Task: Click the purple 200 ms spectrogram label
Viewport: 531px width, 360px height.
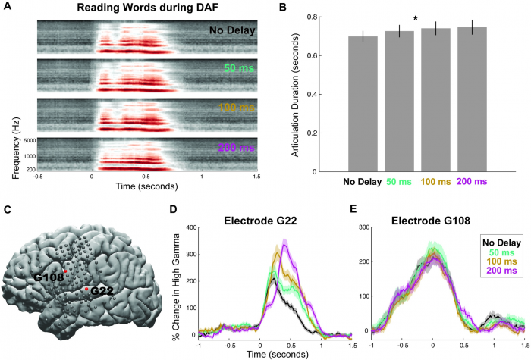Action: point(235,148)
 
